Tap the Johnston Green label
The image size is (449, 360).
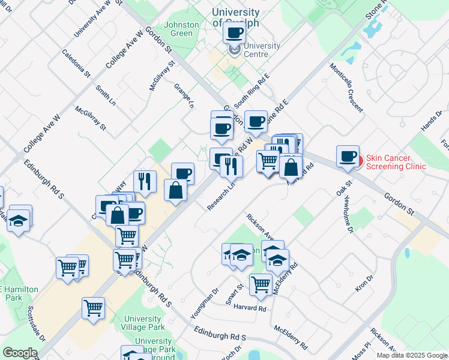[181, 29]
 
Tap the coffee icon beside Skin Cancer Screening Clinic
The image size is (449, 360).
[347, 157]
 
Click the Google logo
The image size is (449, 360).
[20, 353]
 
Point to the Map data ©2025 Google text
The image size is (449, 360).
[411, 355]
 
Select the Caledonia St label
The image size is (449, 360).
[76, 64]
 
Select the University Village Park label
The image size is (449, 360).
[142, 323]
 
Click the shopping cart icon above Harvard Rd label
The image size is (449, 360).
[261, 285]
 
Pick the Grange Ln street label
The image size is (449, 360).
[184, 95]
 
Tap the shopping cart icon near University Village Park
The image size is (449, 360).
[93, 308]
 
